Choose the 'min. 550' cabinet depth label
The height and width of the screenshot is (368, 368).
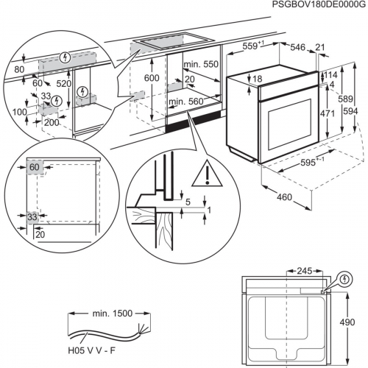tap(201, 64)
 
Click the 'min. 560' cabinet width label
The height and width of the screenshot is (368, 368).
tap(186, 102)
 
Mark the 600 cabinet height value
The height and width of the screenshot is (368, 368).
tap(152, 79)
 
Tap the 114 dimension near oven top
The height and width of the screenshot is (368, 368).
tap(331, 74)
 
